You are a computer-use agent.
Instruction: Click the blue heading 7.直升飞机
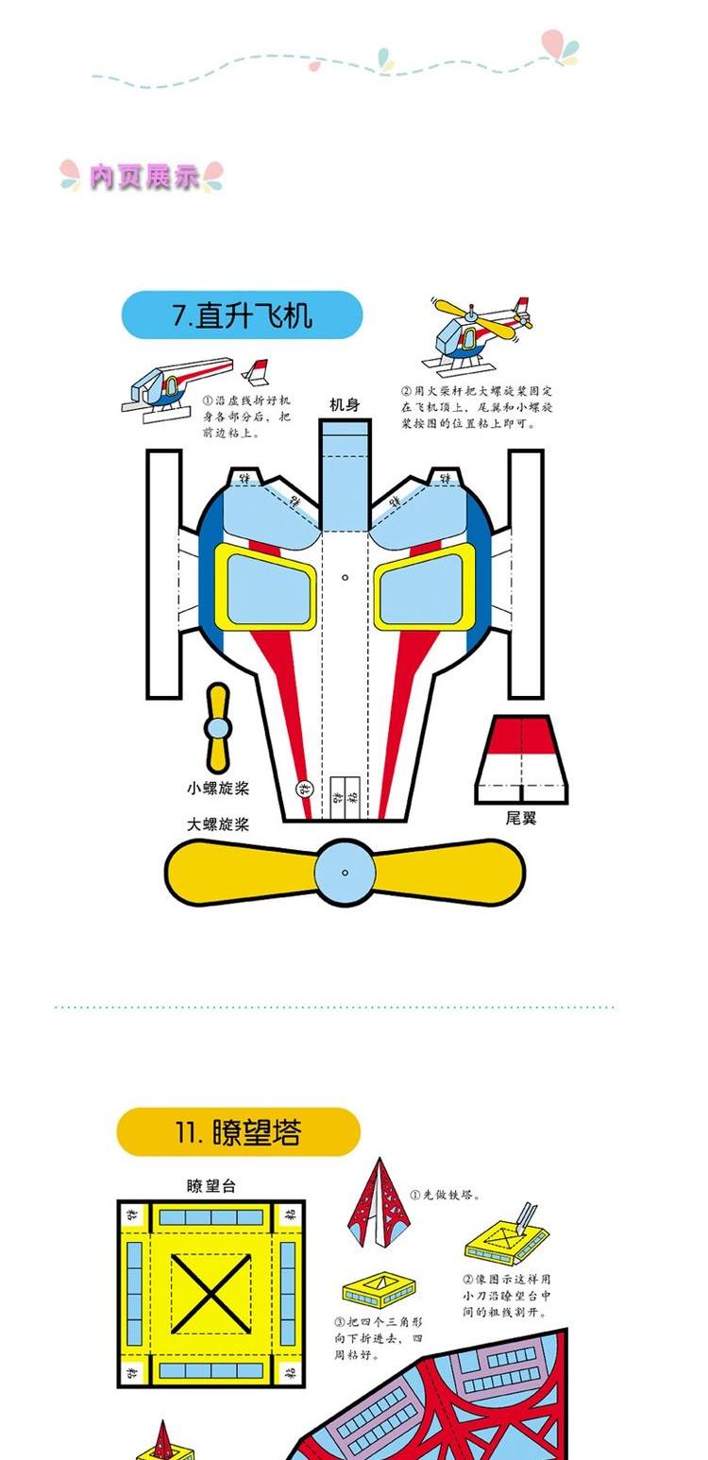[x=242, y=315]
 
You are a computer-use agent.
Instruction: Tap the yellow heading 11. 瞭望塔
[x=238, y=1132]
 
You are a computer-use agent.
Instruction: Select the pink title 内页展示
[x=143, y=176]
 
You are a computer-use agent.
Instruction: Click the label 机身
[x=344, y=404]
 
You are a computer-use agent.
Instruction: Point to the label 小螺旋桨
[x=217, y=788]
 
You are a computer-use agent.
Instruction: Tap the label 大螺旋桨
[x=217, y=823]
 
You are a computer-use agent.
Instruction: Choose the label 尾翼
[x=520, y=818]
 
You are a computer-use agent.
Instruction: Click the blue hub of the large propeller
[x=345, y=873]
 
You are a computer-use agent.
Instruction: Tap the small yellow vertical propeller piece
[x=218, y=727]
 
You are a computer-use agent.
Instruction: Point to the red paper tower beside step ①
[x=378, y=1204]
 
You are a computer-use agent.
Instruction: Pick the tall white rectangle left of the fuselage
[x=163, y=573]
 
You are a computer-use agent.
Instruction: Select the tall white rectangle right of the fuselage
[x=526, y=573]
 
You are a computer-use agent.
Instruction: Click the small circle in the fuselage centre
[x=346, y=577]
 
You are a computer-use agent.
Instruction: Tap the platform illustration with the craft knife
[x=508, y=1237]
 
